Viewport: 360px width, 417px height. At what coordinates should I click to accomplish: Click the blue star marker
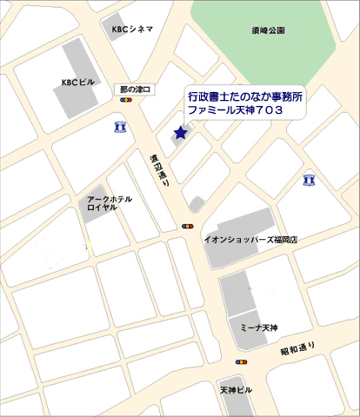pos(180,133)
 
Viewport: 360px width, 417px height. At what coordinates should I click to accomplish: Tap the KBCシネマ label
pos(132,29)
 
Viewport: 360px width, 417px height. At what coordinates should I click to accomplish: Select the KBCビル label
pos(77,83)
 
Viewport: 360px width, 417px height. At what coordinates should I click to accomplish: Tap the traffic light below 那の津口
pos(127,101)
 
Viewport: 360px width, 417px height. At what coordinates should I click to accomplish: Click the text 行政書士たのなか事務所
pos(245,98)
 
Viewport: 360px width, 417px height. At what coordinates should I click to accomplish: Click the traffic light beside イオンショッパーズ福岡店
pos(187,226)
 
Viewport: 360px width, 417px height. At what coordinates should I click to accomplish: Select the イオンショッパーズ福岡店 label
pos(250,238)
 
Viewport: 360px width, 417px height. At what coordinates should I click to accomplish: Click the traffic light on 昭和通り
pos(242,361)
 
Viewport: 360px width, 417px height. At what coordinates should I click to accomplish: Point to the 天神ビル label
pos(235,389)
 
